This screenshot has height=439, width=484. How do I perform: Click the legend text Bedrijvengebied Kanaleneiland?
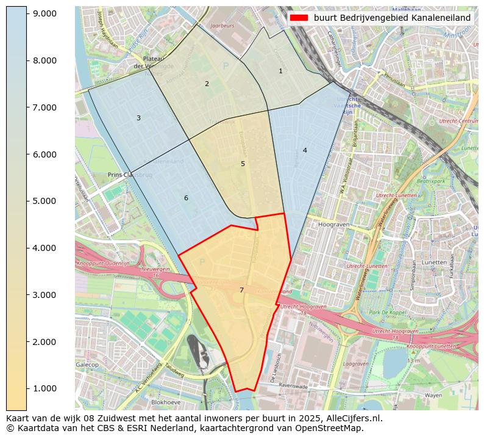point(392,18)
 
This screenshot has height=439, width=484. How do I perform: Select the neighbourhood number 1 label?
point(280,71)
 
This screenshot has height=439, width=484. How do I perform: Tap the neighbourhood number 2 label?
point(207,84)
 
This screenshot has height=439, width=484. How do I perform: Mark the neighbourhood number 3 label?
point(138,118)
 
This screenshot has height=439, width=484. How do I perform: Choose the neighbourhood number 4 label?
point(305,151)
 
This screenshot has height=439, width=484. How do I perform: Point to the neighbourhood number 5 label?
point(243,164)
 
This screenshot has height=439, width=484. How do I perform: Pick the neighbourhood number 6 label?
point(186,198)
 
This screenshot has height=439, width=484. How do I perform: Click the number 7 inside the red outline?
point(241,291)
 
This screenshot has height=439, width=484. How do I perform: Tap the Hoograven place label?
point(332,225)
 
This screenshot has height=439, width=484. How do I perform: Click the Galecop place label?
point(87,365)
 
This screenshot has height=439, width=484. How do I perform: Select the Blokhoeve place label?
point(165,403)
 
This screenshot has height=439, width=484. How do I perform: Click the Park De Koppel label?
point(387,313)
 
